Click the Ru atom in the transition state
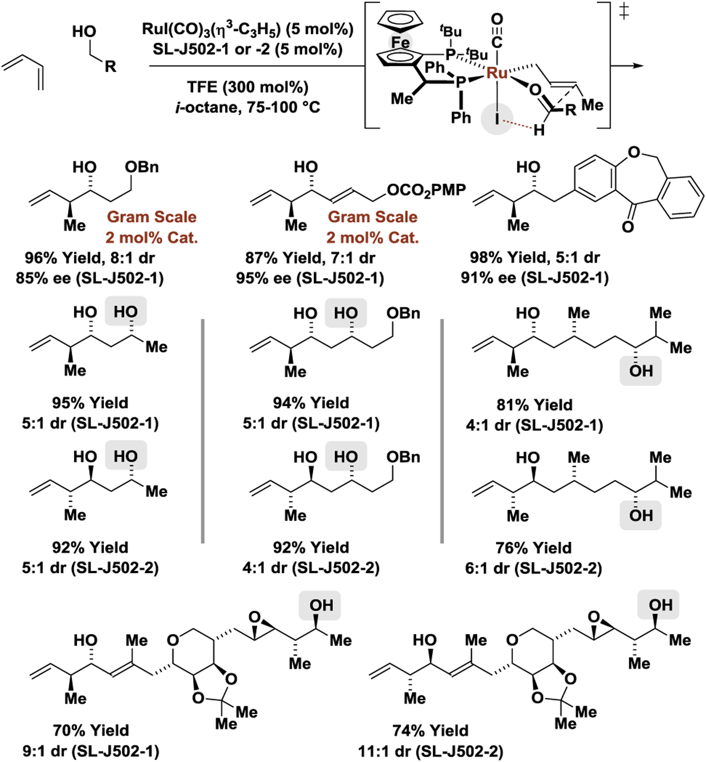point(497,72)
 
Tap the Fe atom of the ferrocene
point(400,42)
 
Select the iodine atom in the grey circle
point(497,119)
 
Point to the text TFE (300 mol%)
point(247,87)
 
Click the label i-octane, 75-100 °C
point(247,107)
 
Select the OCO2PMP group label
point(426,190)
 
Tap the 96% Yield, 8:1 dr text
point(90,258)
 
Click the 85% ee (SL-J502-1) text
point(90,278)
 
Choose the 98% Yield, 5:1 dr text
point(535,257)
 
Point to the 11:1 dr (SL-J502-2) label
point(431,752)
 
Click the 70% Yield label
point(91,730)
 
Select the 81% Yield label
point(535,405)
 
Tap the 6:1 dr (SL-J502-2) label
point(534,568)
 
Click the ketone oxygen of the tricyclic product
point(628,227)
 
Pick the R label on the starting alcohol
point(110,67)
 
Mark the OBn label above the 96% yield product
point(142,167)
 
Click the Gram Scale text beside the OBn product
point(151,217)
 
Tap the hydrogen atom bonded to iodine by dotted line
point(539,131)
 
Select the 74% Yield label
point(431,731)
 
